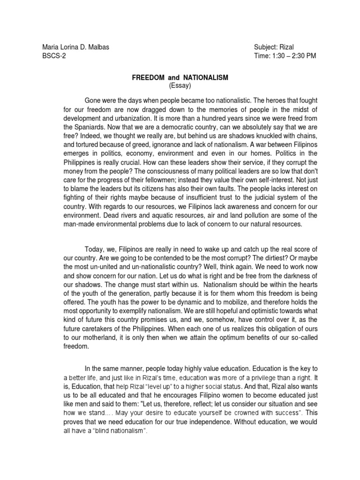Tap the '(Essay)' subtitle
coord(180,86)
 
